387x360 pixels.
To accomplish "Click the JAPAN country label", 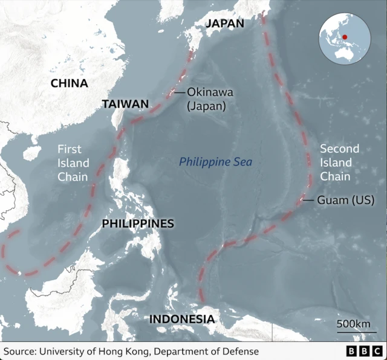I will coord(224,24).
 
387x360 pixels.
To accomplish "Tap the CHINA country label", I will coord(69,83).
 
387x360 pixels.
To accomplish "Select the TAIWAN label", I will coord(125,104).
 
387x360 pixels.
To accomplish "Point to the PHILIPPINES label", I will coord(138,223).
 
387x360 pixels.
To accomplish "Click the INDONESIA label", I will coord(181,320).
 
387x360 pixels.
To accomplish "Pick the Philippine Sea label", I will coord(215,162).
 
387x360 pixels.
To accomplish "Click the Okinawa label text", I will coord(210,92).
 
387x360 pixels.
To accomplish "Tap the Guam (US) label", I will coord(346,200).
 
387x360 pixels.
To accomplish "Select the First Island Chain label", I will coord(73,162).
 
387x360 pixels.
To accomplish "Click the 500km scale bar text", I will coord(353,324).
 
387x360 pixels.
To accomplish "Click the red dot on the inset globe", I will coord(345,37).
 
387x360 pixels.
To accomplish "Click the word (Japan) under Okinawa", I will coord(206,106).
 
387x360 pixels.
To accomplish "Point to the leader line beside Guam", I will coord(308,200).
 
